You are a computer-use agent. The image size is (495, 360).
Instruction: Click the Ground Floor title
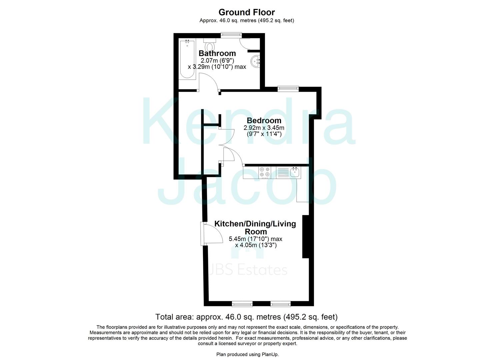pos(247,12)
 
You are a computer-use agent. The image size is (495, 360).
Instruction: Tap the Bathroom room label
pos(217,53)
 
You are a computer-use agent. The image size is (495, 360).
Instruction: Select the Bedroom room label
pos(264,120)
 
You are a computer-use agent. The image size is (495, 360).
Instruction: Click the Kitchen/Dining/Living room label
pos(255,227)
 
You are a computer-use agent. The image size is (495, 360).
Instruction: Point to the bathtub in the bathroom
pos(187,59)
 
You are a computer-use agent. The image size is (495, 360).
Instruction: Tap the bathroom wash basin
pos(256,61)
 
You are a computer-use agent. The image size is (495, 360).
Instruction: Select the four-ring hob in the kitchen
pos(265,172)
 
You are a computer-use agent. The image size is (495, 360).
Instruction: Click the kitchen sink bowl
pos(295,172)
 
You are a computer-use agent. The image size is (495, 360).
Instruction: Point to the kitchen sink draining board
pos(283,172)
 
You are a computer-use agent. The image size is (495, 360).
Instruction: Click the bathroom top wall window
pos(232,34)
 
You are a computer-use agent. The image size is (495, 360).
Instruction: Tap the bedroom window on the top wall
pos(288,88)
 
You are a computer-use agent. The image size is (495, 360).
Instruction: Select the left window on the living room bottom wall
pos(242,303)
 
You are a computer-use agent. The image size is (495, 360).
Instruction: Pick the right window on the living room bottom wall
pos(280,303)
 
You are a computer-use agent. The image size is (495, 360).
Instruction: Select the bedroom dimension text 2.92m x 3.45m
pos(264,128)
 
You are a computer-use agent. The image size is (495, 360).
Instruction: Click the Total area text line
pos(247,317)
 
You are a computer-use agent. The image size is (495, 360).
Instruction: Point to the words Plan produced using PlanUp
pos(247,354)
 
